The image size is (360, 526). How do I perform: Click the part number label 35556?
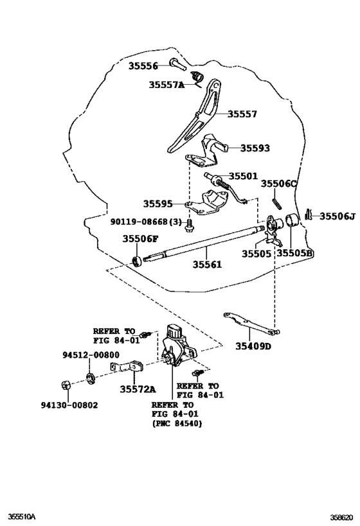coord(146,66)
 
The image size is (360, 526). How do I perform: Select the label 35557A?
coord(166,85)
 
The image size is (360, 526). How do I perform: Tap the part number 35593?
coord(255,148)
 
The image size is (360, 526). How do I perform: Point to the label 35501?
coord(242,176)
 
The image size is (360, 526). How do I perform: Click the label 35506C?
coord(279,184)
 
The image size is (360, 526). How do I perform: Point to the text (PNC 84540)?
coord(174,424)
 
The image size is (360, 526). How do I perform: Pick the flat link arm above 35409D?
coord(250,324)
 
